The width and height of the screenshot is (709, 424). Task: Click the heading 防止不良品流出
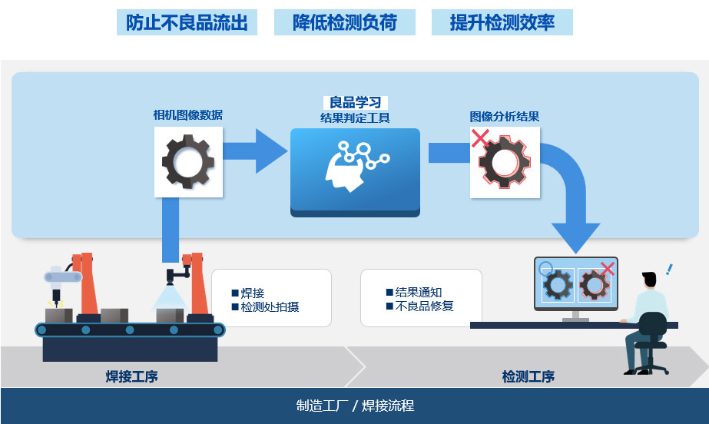pyautogui.click(x=187, y=22)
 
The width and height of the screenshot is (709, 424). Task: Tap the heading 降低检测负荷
pyautogui.click(x=345, y=22)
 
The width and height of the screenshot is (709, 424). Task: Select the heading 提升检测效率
pyautogui.click(x=502, y=22)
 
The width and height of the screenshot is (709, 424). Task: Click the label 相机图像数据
pyautogui.click(x=188, y=115)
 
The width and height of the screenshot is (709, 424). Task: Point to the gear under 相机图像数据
pyautogui.click(x=188, y=161)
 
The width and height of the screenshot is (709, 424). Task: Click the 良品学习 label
pyautogui.click(x=356, y=102)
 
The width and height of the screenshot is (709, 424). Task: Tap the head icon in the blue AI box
pyautogui.click(x=343, y=170)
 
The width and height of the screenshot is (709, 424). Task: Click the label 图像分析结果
pyautogui.click(x=505, y=117)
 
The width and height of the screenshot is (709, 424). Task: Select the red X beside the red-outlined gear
pyautogui.click(x=480, y=138)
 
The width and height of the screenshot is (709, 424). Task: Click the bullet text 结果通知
pyautogui.click(x=419, y=292)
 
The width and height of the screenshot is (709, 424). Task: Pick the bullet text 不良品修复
pyautogui.click(x=424, y=306)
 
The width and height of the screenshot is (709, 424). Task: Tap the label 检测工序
pyautogui.click(x=528, y=376)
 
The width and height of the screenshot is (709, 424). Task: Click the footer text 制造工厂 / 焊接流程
pyautogui.click(x=355, y=406)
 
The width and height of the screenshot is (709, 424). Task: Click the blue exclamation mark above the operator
pyautogui.click(x=670, y=270)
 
